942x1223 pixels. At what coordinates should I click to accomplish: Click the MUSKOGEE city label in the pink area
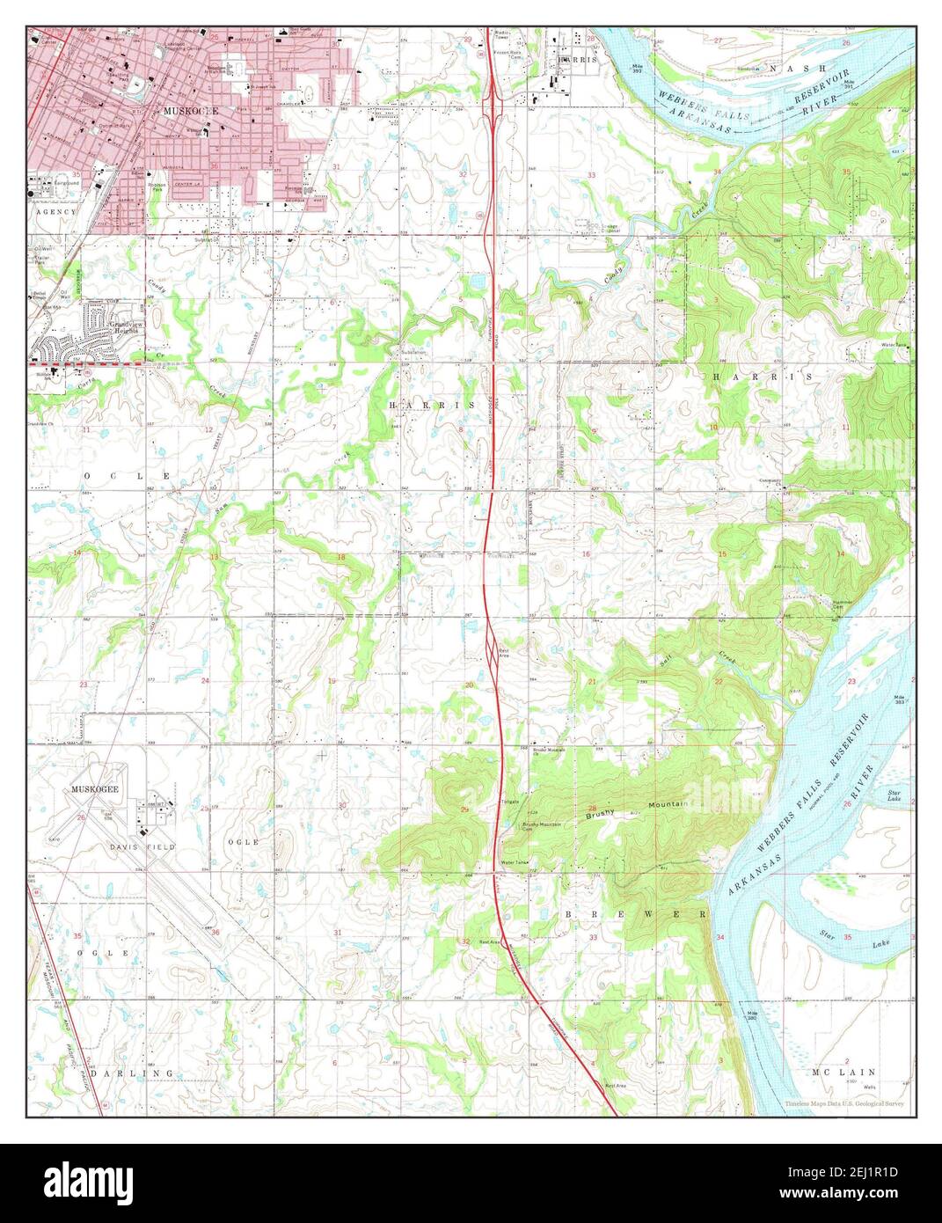click(x=189, y=112)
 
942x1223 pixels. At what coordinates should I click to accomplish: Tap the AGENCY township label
click(x=55, y=212)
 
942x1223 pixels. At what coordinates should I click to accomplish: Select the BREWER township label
click(x=634, y=915)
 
